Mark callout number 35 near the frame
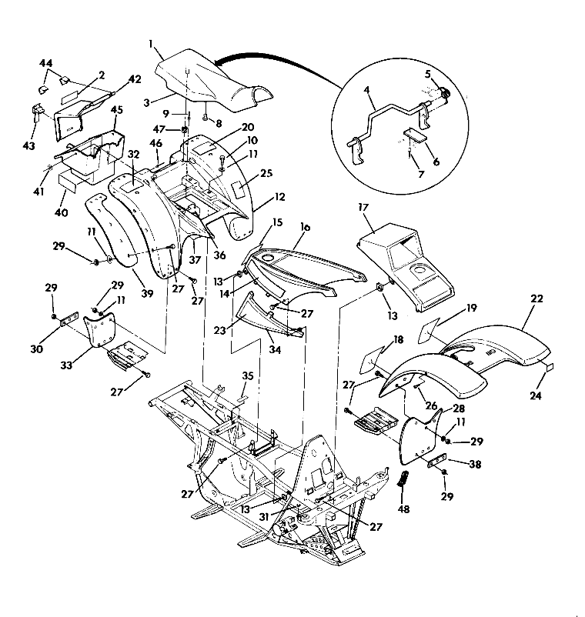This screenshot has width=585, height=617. [247, 377]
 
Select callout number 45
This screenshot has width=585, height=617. [118, 109]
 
